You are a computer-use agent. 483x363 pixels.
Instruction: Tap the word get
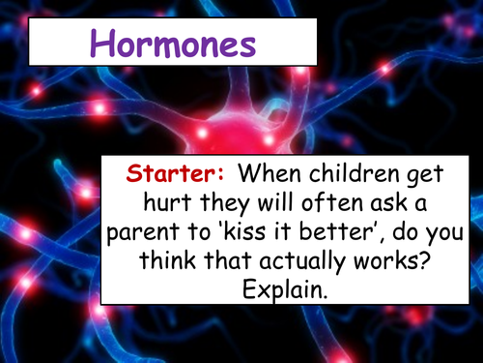[x=437, y=178]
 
